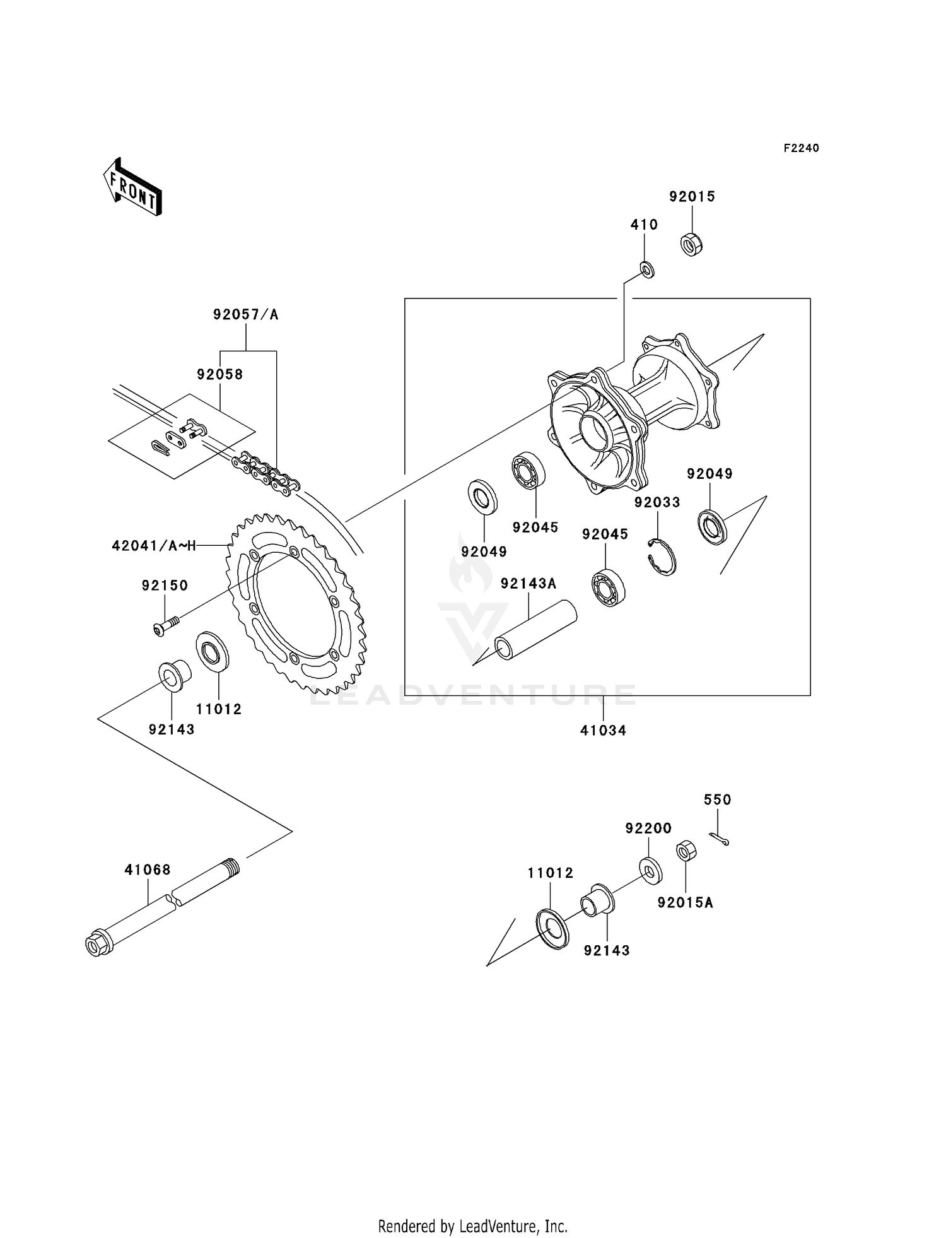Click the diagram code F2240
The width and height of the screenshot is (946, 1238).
[801, 148]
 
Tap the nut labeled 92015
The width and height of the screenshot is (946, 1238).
[692, 244]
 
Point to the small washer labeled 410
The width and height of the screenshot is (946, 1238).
[647, 270]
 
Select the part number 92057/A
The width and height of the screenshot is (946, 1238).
[245, 314]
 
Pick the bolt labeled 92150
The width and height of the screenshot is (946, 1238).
[165, 626]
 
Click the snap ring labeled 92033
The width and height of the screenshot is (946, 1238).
[663, 557]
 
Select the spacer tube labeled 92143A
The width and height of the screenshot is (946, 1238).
[536, 630]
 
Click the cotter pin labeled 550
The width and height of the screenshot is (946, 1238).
[719, 838]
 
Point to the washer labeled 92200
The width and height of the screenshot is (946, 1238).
[649, 869]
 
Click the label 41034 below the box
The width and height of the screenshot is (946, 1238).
[603, 731]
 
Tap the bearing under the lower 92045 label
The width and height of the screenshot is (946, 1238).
[608, 587]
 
